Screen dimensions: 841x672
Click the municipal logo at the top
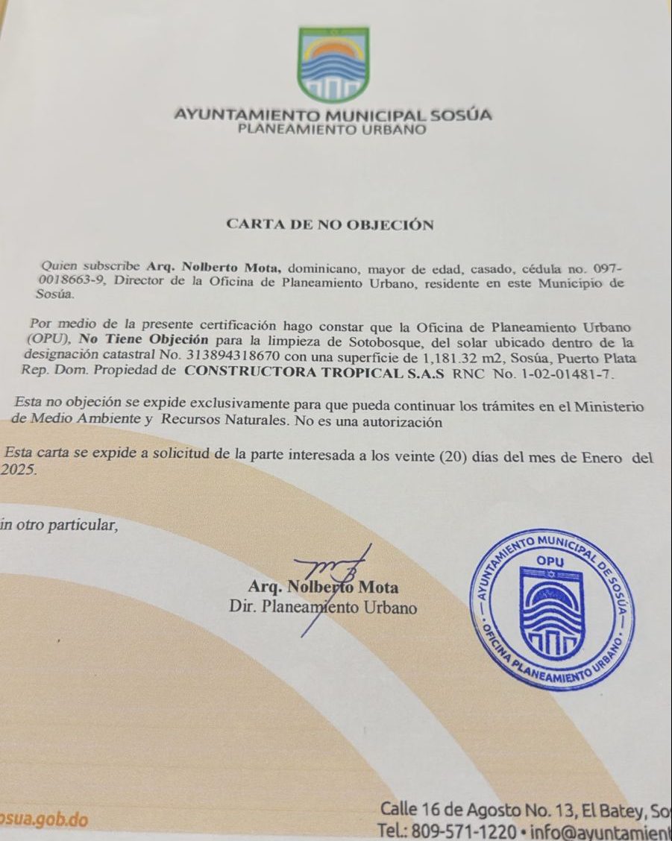tap(333, 64)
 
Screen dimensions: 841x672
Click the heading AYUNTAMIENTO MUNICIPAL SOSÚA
tap(333, 116)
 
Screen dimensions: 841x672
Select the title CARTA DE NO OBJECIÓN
tap(330, 224)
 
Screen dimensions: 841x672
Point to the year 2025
tap(19, 470)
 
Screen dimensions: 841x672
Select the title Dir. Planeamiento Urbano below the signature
tap(324, 606)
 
